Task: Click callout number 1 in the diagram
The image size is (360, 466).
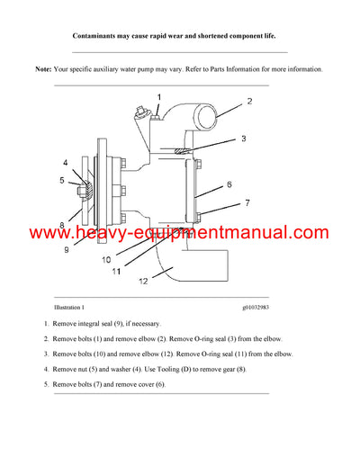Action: [x=158, y=96]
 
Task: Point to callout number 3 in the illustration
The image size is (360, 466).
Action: [x=242, y=139]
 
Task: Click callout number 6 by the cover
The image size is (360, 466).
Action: [x=229, y=184]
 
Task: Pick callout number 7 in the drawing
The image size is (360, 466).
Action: [x=246, y=203]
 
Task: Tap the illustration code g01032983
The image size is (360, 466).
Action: [x=259, y=307]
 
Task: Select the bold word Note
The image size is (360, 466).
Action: [x=43, y=69]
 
